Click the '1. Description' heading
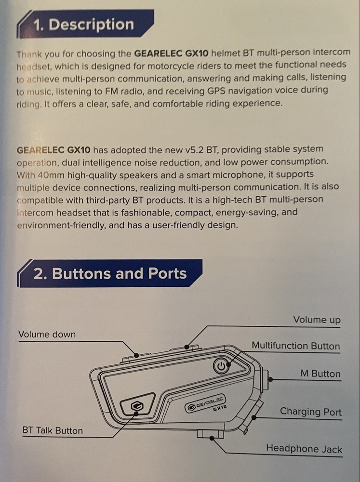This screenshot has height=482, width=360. point(83,25)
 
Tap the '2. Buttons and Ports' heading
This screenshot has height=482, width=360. point(109,273)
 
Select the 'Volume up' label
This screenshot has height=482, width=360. point(317,320)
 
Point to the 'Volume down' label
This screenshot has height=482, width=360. point(47,334)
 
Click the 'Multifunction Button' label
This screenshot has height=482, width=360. point(295,346)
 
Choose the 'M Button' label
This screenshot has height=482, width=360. point(320,374)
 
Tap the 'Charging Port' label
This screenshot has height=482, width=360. point(310,412)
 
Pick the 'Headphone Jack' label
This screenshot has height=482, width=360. point(304,449)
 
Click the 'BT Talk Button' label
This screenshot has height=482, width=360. point(53,430)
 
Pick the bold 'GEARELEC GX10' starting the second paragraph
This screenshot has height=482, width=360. point(53,149)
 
